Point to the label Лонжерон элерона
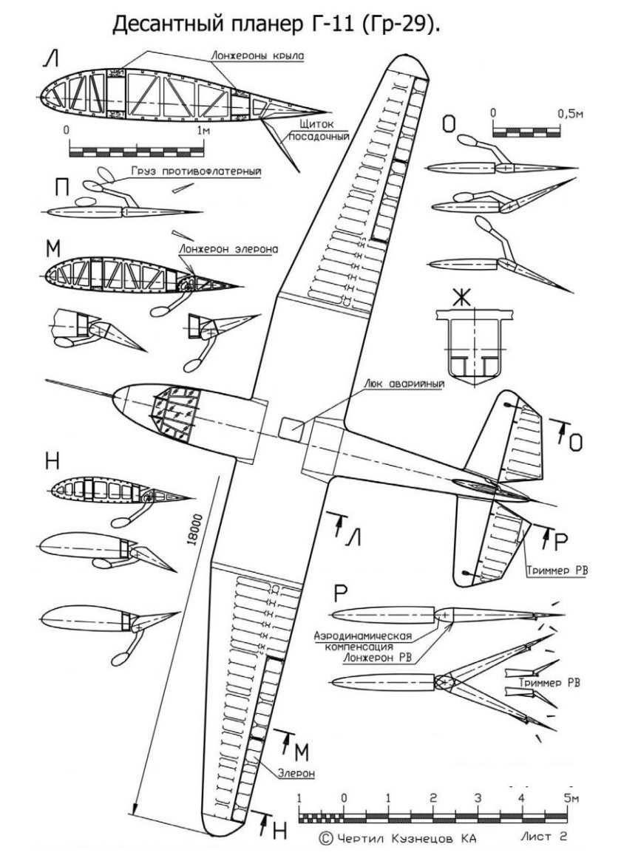[227, 250]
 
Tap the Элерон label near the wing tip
[296, 774]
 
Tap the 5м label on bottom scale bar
[569, 798]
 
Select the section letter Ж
[461, 297]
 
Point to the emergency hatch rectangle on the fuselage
[291, 427]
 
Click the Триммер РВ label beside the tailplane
[556, 571]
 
